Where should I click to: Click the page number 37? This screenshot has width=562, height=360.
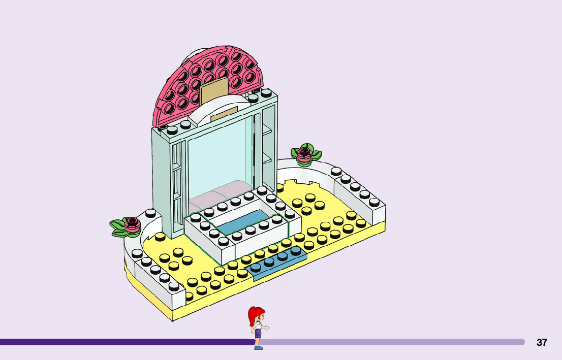pos(542,342)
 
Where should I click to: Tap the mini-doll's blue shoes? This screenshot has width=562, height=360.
pos(259,348)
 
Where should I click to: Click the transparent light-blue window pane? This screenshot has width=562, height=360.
pos(218,157)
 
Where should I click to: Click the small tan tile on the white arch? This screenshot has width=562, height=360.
pos(224,114)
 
